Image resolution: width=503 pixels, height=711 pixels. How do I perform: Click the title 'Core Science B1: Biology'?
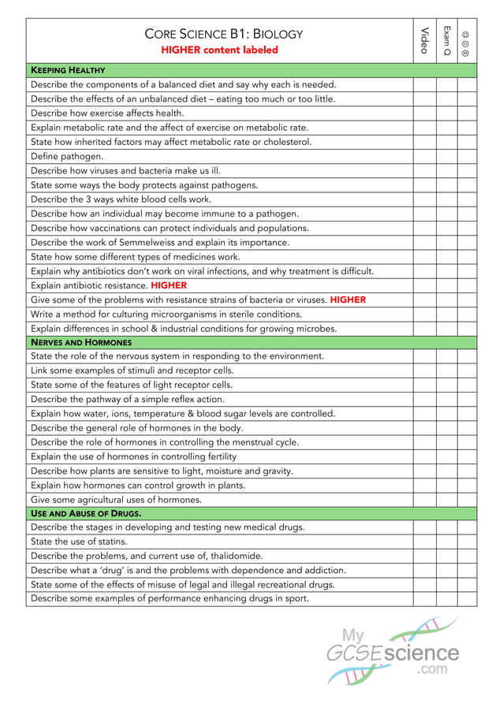224,34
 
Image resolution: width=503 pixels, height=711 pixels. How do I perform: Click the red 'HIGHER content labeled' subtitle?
219,50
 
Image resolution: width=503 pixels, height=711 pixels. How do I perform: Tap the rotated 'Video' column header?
424,40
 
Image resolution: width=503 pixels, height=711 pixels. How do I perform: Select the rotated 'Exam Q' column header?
447,40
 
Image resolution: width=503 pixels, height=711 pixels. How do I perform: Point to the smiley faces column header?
467,44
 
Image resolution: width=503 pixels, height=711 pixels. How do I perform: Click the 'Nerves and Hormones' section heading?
81,342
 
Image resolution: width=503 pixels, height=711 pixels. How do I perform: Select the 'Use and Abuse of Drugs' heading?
86,513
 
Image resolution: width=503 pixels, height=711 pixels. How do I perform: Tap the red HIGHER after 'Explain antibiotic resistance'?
169,285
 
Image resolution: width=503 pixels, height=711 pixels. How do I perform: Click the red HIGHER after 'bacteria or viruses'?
348,300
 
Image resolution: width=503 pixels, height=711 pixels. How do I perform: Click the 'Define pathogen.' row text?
67,156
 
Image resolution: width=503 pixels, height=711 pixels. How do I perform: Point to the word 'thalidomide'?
233,556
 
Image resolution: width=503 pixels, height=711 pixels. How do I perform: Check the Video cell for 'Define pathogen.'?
424,156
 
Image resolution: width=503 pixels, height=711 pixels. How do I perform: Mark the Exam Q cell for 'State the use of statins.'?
447,542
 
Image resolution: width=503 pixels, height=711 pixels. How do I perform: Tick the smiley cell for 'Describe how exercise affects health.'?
467,113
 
